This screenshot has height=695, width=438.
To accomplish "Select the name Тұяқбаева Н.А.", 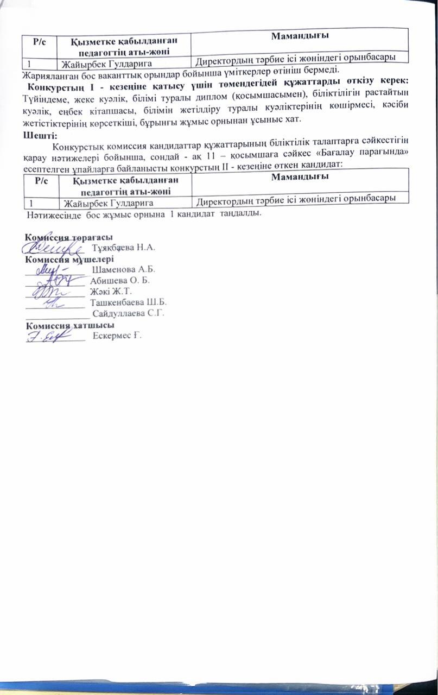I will (x=124, y=248).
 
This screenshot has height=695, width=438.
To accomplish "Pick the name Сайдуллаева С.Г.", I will (x=129, y=313).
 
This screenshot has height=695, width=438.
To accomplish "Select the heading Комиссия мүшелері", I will (x=69, y=259).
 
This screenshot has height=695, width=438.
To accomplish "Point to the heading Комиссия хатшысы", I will (x=70, y=325).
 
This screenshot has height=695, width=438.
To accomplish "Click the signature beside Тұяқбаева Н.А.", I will (x=57, y=248).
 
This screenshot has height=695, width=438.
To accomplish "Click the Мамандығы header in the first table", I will (x=300, y=36).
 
